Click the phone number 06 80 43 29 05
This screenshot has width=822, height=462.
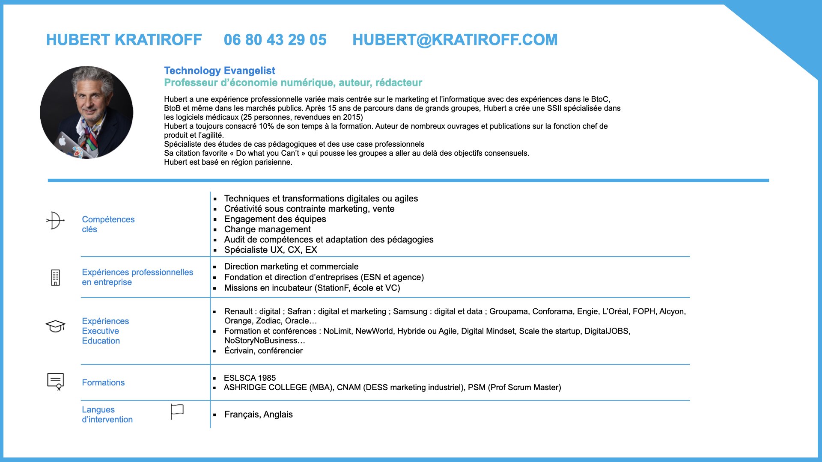pos(275,40)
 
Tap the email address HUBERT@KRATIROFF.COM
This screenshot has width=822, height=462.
pos(455,40)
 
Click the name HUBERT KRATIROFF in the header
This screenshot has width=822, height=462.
pos(124,40)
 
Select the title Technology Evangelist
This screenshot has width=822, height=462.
pos(219,71)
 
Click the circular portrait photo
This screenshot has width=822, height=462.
pos(86,112)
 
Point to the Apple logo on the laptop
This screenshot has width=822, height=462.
pos(63,141)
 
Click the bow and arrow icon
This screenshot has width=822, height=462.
pos(55,221)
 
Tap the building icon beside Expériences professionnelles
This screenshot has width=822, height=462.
pos(55,278)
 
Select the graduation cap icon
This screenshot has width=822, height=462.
pos(55,326)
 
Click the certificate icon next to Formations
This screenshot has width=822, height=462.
pos(55,381)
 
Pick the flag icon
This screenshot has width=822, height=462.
pos(177,412)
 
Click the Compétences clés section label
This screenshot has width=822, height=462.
pos(108,224)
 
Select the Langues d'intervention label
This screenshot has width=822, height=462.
pos(107,415)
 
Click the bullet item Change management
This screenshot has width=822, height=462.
pos(267,229)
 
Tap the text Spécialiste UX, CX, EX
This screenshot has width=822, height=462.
pos(271,250)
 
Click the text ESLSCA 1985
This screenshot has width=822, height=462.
pos(250,378)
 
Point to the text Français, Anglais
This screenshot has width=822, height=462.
pos(258,415)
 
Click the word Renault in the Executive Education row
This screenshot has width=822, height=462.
pos(238,311)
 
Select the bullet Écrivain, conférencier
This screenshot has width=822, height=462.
pos(263,351)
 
